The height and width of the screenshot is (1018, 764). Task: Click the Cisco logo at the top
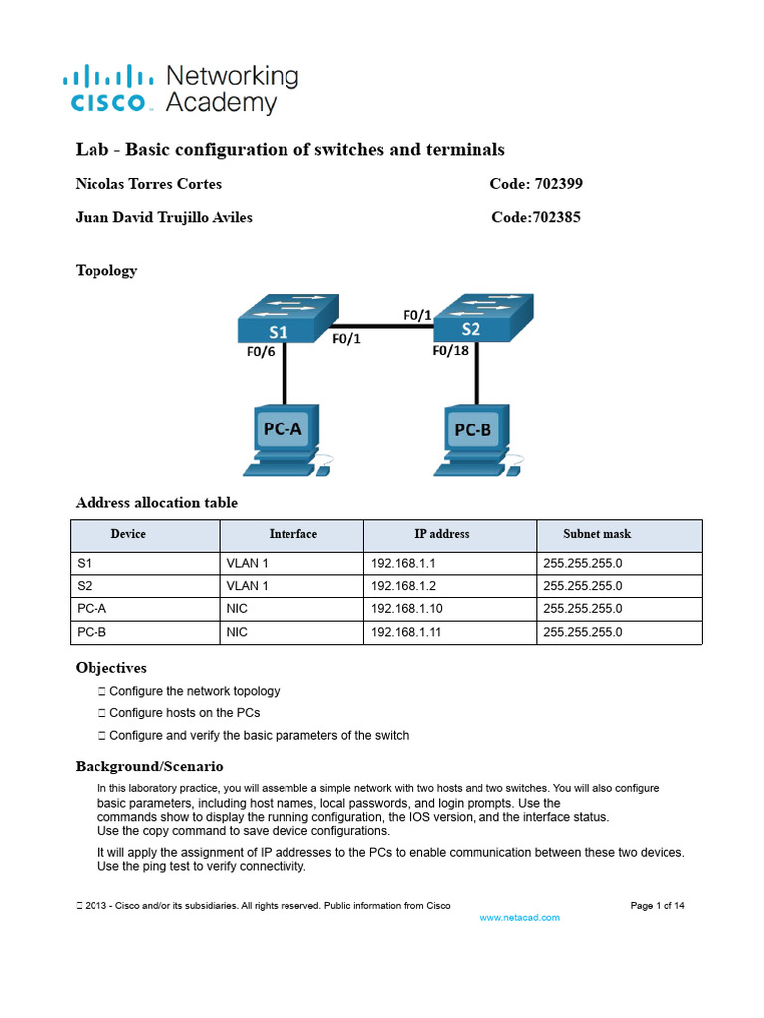tap(107, 88)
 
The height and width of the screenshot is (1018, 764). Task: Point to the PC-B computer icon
tap(476, 437)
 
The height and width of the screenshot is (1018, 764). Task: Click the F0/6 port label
tap(262, 351)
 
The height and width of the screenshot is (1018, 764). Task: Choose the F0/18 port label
tap(450, 351)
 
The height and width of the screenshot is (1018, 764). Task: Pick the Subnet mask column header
tap(597, 534)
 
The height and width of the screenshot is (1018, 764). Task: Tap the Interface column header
tap(292, 534)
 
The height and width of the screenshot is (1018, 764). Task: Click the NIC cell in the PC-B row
tap(237, 631)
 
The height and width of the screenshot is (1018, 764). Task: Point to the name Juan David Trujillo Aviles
tap(164, 218)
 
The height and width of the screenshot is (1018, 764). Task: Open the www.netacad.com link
tap(519, 917)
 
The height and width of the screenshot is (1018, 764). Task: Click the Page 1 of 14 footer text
tap(658, 905)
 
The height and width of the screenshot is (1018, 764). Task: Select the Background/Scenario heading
tap(149, 766)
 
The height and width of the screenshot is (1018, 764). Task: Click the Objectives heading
tap(111, 668)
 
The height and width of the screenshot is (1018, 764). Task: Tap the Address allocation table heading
tap(156, 503)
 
